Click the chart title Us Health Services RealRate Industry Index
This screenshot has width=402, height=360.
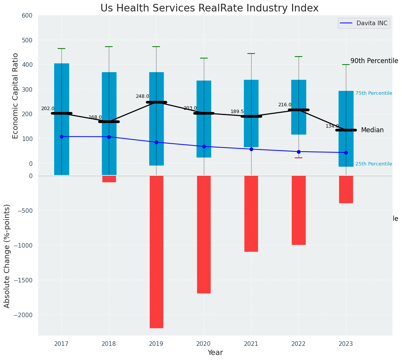pyautogui.click(x=209, y=8)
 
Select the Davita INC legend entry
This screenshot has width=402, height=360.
pyautogui.click(x=366, y=23)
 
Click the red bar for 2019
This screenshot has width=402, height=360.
pyautogui.click(x=157, y=251)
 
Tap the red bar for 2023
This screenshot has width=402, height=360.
pyautogui.click(x=346, y=189)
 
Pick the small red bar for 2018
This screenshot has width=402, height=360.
pyautogui.click(x=109, y=179)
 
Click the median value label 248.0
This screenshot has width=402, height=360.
pyautogui.click(x=142, y=96)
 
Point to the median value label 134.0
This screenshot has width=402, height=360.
pyautogui.click(x=332, y=126)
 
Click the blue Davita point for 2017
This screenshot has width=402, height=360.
pyautogui.click(x=61, y=136)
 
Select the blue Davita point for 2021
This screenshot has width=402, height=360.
pyautogui.click(x=251, y=149)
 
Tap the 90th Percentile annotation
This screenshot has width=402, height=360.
pyautogui.click(x=374, y=61)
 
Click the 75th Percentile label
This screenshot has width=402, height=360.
pyautogui.click(x=373, y=93)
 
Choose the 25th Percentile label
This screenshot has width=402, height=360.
pyautogui.click(x=373, y=164)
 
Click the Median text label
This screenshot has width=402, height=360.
pyautogui.click(x=372, y=130)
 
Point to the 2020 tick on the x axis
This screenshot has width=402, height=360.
pyautogui.click(x=204, y=344)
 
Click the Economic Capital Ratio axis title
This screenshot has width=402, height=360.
pyautogui.click(x=16, y=96)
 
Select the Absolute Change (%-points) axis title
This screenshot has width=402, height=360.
pyautogui.click(x=7, y=256)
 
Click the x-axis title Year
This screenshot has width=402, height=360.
pyautogui.click(x=215, y=353)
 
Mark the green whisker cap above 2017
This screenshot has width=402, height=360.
pyautogui.click(x=61, y=49)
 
